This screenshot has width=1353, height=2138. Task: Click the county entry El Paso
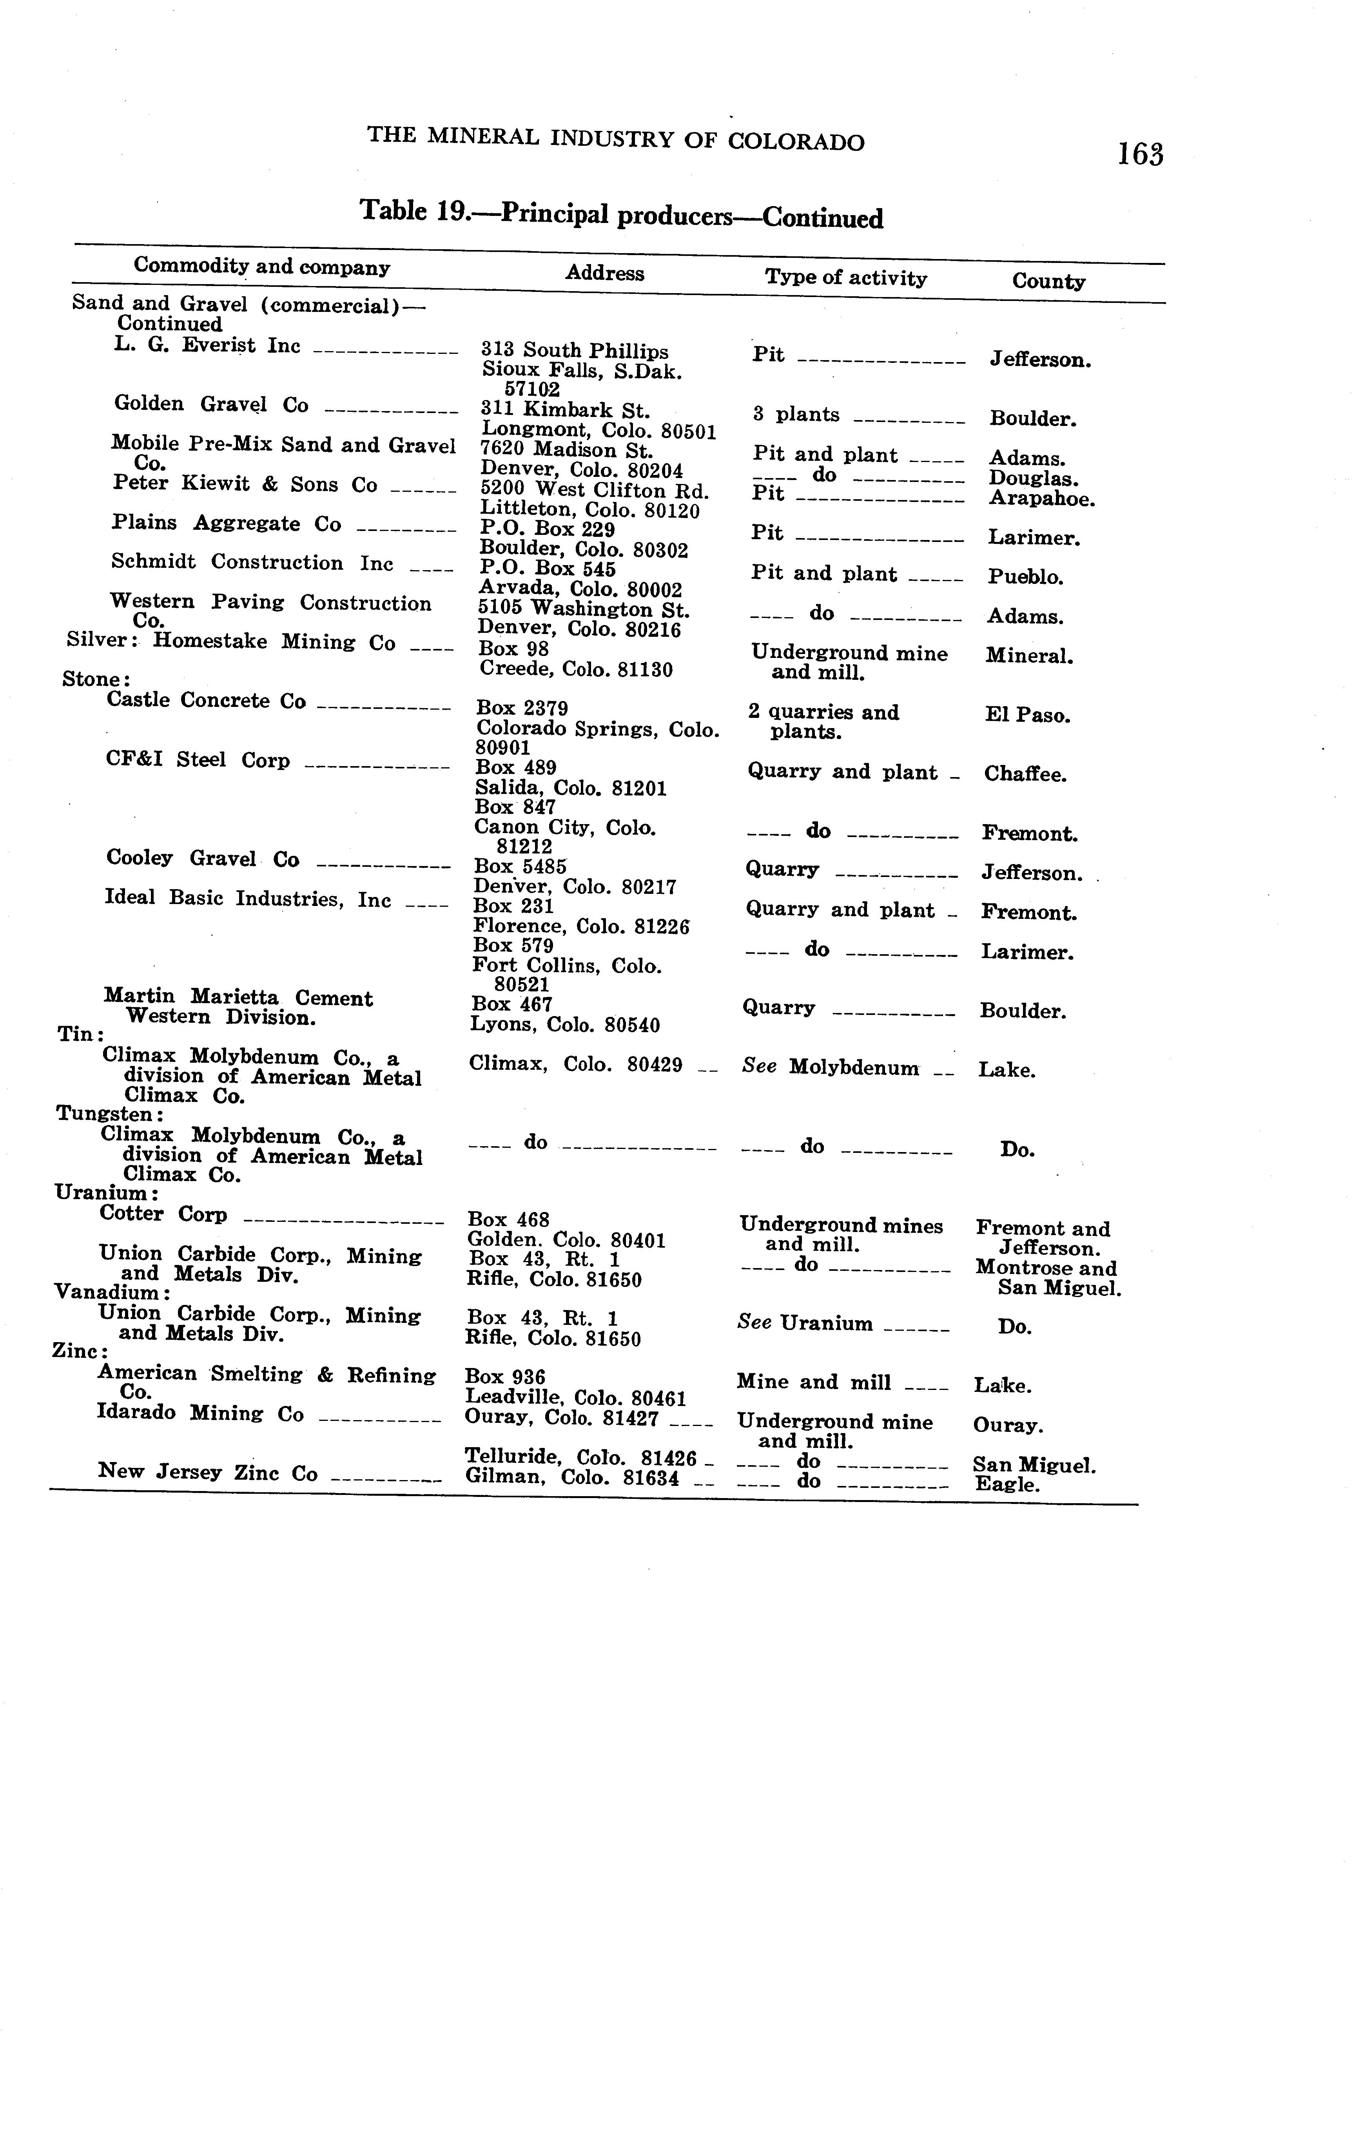(x=1027, y=716)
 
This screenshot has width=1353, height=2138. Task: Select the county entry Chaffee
(x=1025, y=774)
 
